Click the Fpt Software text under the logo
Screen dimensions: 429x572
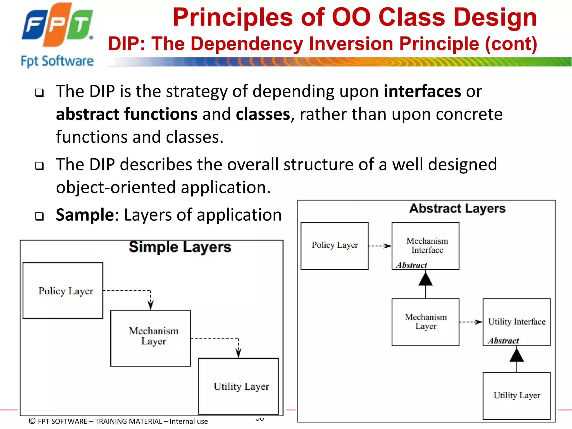pyautogui.click(x=57, y=61)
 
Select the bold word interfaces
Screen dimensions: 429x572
pyautogui.click(x=422, y=91)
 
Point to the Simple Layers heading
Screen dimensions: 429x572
pyautogui.click(x=180, y=247)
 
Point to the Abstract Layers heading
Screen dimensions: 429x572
pyautogui.click(x=457, y=208)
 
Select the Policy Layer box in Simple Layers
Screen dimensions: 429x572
pyautogui.click(x=63, y=290)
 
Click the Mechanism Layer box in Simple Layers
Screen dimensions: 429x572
pyautogui.click(x=151, y=338)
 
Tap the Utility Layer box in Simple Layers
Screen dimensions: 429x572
pyautogui.click(x=238, y=386)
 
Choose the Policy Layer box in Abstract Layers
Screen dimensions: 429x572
pyautogui.click(x=334, y=246)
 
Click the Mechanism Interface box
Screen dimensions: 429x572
pyautogui.click(x=425, y=246)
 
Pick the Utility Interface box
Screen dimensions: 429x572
pyautogui.click(x=516, y=322)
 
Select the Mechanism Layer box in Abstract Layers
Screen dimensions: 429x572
pyautogui.click(x=425, y=322)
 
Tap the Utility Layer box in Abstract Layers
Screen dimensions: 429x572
pyautogui.click(x=516, y=395)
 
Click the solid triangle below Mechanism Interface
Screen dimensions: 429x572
pyautogui.click(x=425, y=279)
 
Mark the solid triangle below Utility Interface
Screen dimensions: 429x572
pyautogui.click(x=516, y=356)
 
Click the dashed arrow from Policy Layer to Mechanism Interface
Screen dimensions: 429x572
pyautogui.click(x=380, y=246)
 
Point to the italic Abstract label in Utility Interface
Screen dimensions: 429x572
pyautogui.click(x=503, y=341)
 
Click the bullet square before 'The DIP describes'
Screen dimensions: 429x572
pyautogui.click(x=39, y=166)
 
